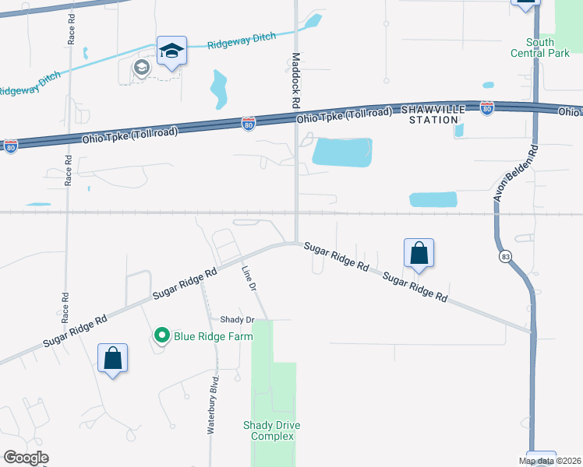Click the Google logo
tap(26, 458)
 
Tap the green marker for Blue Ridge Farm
tap(162, 336)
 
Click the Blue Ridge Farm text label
tap(213, 336)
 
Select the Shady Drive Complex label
tap(272, 430)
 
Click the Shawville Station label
tap(433, 114)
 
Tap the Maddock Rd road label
tap(296, 80)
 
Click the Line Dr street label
tap(249, 279)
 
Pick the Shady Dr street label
tap(238, 320)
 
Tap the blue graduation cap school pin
tap(171, 51)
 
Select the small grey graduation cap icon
tap(140, 68)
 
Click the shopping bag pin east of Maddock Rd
tap(419, 253)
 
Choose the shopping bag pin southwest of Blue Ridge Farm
tap(113, 358)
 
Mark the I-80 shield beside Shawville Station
tap(487, 108)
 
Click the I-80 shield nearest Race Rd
tap(11, 146)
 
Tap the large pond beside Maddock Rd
tap(341, 152)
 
